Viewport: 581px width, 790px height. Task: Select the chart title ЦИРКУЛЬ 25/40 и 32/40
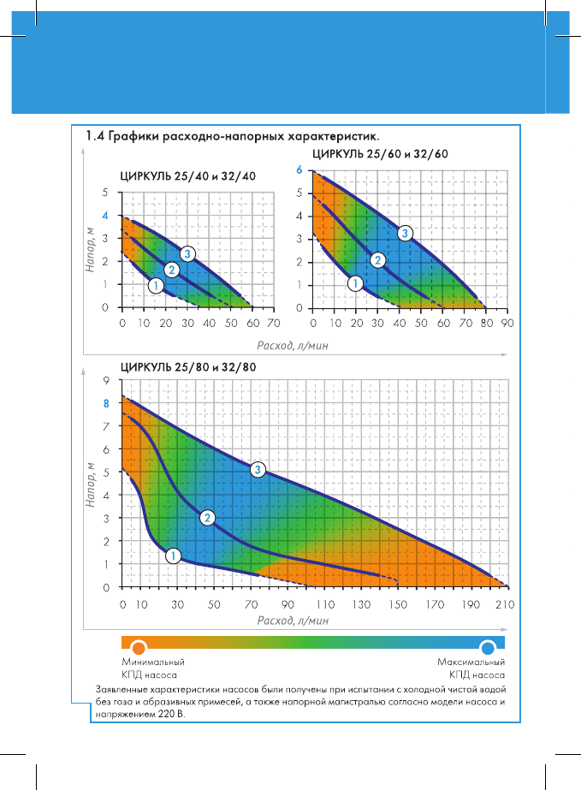187,175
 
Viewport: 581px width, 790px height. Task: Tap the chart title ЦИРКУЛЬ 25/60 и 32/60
380,155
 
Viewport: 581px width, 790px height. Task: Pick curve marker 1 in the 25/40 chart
156,285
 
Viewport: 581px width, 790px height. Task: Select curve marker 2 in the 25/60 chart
378,260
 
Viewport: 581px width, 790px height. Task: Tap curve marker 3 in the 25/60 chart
405,233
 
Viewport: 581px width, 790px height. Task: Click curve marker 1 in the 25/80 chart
172,555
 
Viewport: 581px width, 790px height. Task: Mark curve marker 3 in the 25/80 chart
258,469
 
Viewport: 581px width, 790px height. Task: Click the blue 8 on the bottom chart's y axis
106,402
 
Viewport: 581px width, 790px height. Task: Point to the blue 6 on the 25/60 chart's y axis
299,170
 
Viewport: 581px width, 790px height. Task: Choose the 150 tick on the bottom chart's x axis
397,604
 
